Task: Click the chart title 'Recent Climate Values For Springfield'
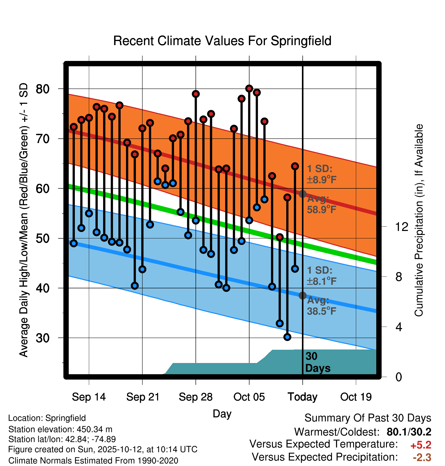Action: (x=222, y=41)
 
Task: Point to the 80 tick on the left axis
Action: (x=43, y=89)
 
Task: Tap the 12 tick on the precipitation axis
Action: (x=401, y=227)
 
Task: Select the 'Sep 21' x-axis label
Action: (x=143, y=397)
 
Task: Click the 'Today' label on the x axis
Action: (x=302, y=397)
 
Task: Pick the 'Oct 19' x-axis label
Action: (x=356, y=397)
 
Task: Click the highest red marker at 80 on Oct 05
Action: (x=249, y=88)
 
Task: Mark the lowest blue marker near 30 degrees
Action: (x=287, y=337)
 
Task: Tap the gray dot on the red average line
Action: (x=302, y=194)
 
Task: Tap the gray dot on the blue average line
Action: (x=302, y=295)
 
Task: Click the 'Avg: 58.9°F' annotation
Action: (x=321, y=204)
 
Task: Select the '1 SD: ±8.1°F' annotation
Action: (x=321, y=276)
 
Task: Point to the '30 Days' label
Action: (x=317, y=362)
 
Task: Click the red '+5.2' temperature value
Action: (x=421, y=445)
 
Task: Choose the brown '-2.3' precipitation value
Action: (x=422, y=457)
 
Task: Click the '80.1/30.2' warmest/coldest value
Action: (x=409, y=432)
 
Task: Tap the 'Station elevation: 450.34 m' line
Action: (x=60, y=429)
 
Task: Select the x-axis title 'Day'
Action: (x=222, y=414)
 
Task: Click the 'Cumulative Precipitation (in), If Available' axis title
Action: (x=419, y=220)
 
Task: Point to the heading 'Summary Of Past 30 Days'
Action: (x=368, y=418)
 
